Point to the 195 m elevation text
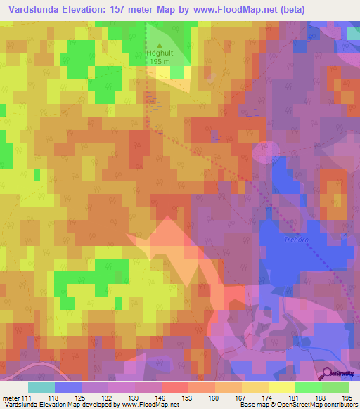coord(159,62)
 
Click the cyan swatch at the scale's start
coord(41,387)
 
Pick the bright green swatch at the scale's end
coord(335,387)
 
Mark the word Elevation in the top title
coord(84,9)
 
